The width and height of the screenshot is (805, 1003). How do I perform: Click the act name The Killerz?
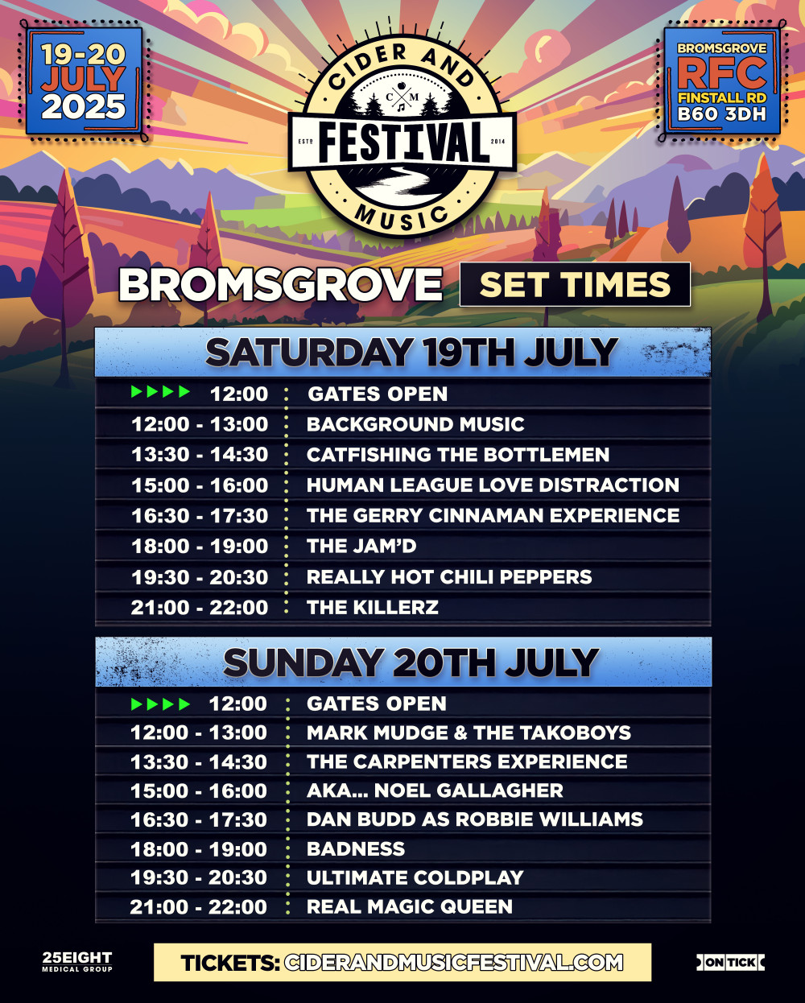(x=373, y=607)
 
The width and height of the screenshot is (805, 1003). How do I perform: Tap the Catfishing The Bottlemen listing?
(x=458, y=455)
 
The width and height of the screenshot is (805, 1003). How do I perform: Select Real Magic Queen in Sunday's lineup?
(x=409, y=906)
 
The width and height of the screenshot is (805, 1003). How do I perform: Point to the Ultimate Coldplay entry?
(x=415, y=877)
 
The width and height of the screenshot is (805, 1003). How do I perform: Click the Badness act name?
(x=356, y=848)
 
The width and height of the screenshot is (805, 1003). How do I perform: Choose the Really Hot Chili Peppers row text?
(x=449, y=577)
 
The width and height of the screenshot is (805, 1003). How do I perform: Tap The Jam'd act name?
(x=361, y=546)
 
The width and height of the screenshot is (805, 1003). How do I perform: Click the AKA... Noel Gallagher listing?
(x=435, y=790)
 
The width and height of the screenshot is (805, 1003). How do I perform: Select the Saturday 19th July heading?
(x=411, y=353)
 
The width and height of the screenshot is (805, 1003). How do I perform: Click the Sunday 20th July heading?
(x=411, y=662)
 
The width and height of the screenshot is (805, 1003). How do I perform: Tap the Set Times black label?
(x=575, y=284)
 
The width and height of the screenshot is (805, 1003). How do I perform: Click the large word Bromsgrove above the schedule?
(x=280, y=284)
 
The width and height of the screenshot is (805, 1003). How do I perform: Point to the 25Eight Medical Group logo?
(x=77, y=961)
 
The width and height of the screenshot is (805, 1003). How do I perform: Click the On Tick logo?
(x=730, y=961)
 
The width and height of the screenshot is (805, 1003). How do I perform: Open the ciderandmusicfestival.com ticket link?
(x=453, y=963)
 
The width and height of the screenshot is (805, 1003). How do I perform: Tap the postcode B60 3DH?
(x=721, y=114)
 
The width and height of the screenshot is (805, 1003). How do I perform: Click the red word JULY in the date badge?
(x=84, y=80)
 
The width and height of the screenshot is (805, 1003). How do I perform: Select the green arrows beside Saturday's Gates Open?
(x=160, y=392)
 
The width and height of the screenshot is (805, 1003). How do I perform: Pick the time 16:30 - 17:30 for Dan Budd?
(x=199, y=819)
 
